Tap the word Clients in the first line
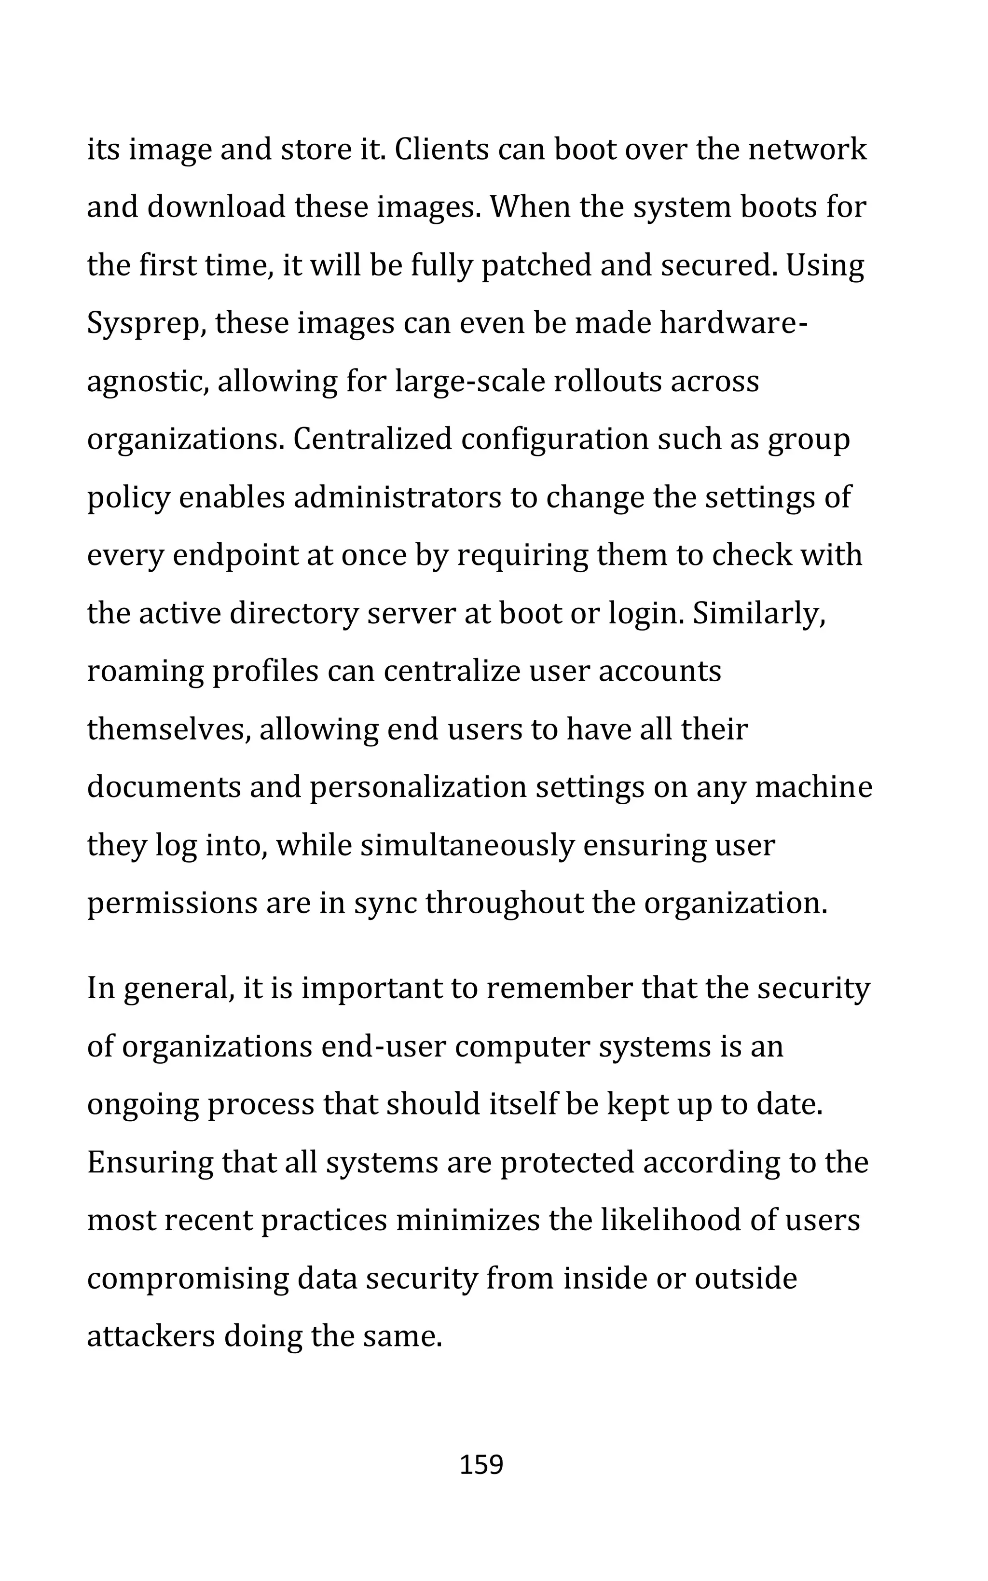[442, 150]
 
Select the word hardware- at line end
[734, 323]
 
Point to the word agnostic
[147, 382]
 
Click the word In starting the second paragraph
[101, 989]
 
